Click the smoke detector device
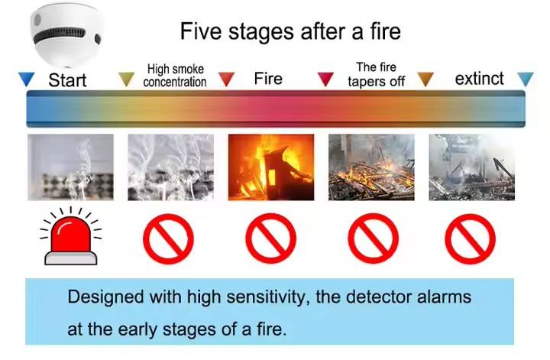click(x=66, y=35)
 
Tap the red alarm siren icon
click(x=71, y=235)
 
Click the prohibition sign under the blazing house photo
click(x=270, y=238)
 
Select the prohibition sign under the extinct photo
click(x=470, y=238)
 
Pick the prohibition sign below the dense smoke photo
click(x=168, y=238)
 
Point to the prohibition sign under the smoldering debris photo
click(x=374, y=238)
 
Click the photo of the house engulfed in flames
click(x=271, y=167)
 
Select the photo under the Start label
click(x=70, y=167)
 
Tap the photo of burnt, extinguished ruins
click(x=472, y=167)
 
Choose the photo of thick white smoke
click(x=171, y=167)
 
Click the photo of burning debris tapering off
click(x=371, y=167)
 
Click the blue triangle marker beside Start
click(x=27, y=79)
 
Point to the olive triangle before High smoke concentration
click(x=126, y=79)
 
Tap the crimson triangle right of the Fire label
click(x=325, y=79)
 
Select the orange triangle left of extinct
click(x=425, y=79)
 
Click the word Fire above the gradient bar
click(x=268, y=79)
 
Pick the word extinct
click(x=480, y=79)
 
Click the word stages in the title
click(x=261, y=32)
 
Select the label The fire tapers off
click(x=377, y=74)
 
